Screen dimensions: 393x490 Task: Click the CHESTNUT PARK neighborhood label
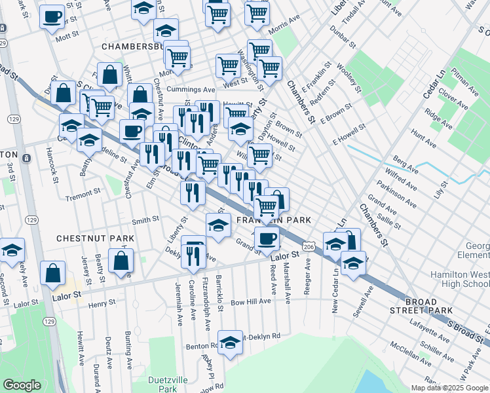(x=94, y=238)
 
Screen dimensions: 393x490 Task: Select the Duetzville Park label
(x=168, y=384)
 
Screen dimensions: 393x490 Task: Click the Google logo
(x=22, y=384)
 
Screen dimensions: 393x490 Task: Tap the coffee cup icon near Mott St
(x=52, y=17)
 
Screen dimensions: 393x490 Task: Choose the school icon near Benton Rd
(x=230, y=341)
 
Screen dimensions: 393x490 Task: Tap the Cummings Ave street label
(x=191, y=90)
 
